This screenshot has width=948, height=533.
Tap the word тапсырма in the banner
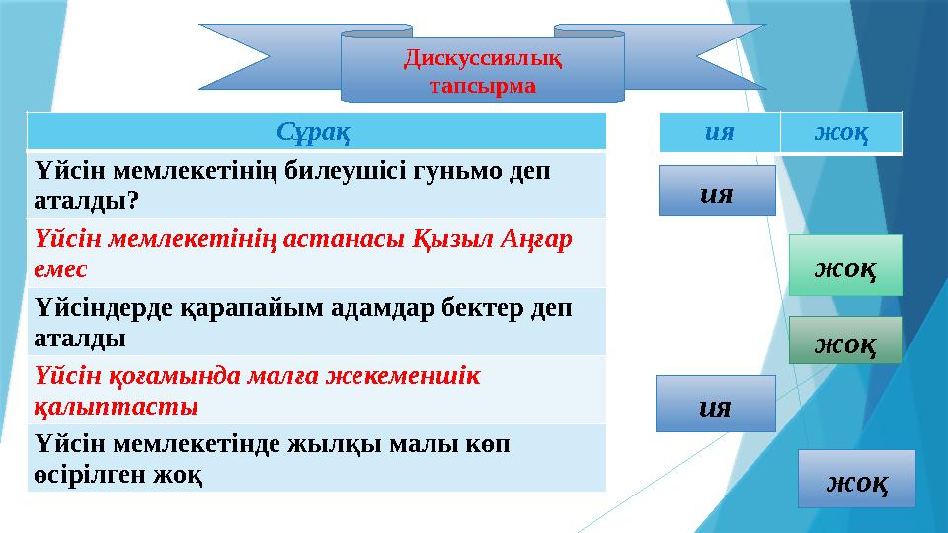click(x=483, y=85)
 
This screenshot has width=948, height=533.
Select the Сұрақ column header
click(x=316, y=131)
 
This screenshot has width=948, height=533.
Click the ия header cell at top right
click(x=719, y=132)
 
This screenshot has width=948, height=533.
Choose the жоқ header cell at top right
click(x=840, y=132)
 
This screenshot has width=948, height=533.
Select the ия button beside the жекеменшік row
click(x=715, y=404)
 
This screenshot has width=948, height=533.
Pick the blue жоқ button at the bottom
click(x=855, y=480)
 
